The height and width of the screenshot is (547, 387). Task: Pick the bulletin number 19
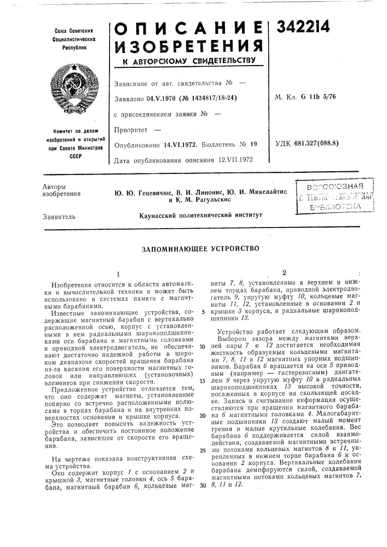pyautogui.click(x=253, y=146)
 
